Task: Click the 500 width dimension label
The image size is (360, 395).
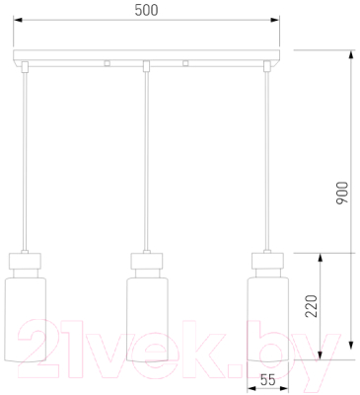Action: pyautogui.click(x=146, y=10)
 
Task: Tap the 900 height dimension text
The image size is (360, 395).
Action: pyautogui.click(x=342, y=193)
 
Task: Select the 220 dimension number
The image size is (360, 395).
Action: pyautogui.click(x=312, y=306)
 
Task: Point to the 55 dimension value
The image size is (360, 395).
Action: pyautogui.click(x=267, y=380)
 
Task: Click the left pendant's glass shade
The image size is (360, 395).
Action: pyautogui.click(x=26, y=320)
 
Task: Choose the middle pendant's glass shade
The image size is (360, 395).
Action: pyautogui.click(x=147, y=320)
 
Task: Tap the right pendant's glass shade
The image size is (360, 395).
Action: pyautogui.click(x=268, y=320)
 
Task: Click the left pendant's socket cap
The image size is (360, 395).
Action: pyautogui.click(x=26, y=261)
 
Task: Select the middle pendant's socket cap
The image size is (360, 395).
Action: pyautogui.click(x=147, y=261)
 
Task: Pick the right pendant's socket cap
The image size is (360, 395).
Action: pyautogui.click(x=268, y=261)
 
